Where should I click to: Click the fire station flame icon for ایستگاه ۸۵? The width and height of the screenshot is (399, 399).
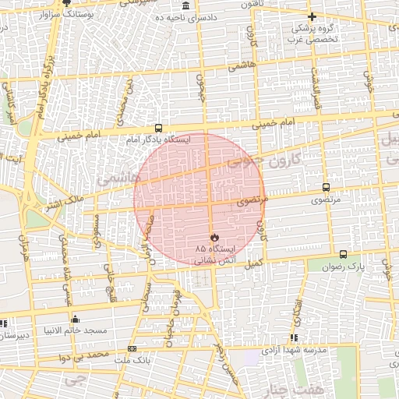pos(214,236)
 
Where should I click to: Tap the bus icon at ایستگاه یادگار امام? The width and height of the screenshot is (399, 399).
pos(159,128)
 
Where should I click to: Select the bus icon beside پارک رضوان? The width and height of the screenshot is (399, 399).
pos(343,254)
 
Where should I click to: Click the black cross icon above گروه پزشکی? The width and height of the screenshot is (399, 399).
pos(312,16)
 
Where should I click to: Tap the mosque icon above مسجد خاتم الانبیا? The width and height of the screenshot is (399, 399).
pos(75,319)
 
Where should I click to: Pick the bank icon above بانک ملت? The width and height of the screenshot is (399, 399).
pos(132,348)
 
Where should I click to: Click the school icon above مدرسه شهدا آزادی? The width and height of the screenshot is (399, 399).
pos(294,337)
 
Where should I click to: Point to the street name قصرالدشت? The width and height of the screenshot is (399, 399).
pos(316,87)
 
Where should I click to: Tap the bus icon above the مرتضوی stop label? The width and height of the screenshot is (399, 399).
pos(325,187)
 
